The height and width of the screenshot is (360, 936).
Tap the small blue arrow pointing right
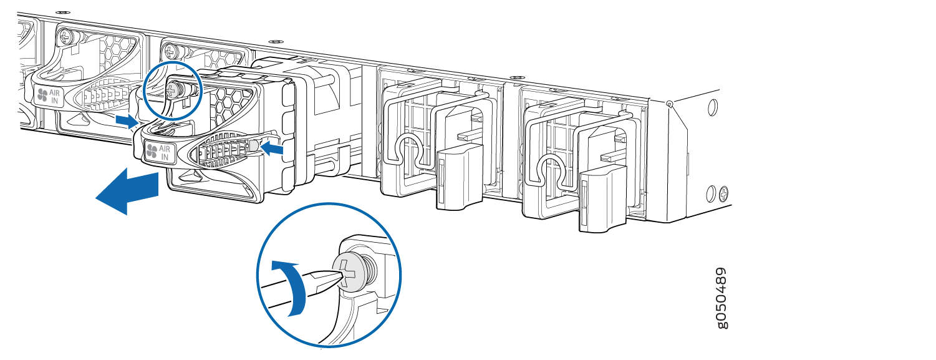tap(127, 121)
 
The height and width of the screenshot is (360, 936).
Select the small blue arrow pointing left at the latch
tap(272, 148)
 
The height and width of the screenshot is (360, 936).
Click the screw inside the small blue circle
tap(173, 89)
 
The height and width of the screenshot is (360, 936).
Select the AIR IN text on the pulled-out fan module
tap(165, 153)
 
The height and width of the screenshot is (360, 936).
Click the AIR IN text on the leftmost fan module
tap(54, 97)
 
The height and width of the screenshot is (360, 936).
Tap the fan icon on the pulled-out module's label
tap(152, 151)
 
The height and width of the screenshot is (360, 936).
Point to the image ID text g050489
tap(721, 298)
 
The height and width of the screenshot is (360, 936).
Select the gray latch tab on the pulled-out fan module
tap(253, 145)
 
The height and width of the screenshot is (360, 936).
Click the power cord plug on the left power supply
tap(458, 175)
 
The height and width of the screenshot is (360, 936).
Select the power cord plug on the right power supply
tap(602, 197)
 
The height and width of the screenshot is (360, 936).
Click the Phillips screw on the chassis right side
tap(724, 193)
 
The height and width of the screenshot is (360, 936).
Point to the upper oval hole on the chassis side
tap(713, 107)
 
